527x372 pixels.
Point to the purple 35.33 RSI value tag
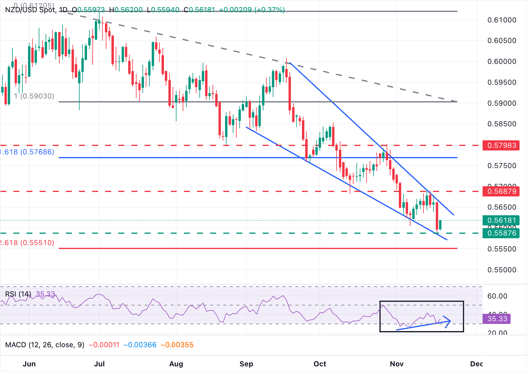[x=497, y=319]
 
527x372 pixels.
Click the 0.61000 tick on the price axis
[x=502, y=20]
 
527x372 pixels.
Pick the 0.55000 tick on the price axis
[x=502, y=270]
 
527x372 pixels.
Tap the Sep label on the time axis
[x=246, y=364]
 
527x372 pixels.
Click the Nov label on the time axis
[x=397, y=364]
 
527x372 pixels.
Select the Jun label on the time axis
[x=29, y=364]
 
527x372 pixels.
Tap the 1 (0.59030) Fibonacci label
[x=34, y=96]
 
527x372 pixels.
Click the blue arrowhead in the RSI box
[x=448, y=322]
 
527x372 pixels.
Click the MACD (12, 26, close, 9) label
[x=45, y=345]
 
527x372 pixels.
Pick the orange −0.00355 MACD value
[x=177, y=345]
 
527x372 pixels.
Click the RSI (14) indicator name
[x=18, y=294]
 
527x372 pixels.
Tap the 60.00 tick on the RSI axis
[x=497, y=296]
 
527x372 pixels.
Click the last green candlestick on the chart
[x=440, y=225]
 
